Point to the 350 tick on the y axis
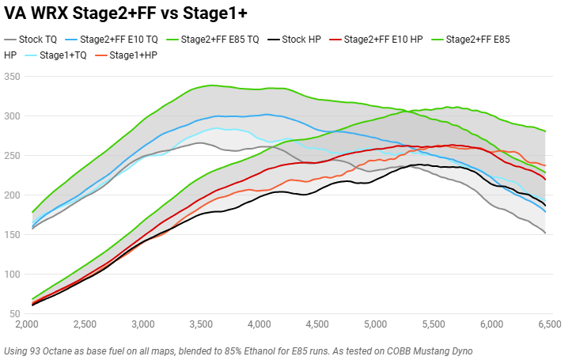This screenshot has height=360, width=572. click(12, 77)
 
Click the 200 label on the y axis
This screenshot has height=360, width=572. click(12, 195)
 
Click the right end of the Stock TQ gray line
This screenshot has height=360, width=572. click(545, 233)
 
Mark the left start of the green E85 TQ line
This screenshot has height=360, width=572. click(32, 212)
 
